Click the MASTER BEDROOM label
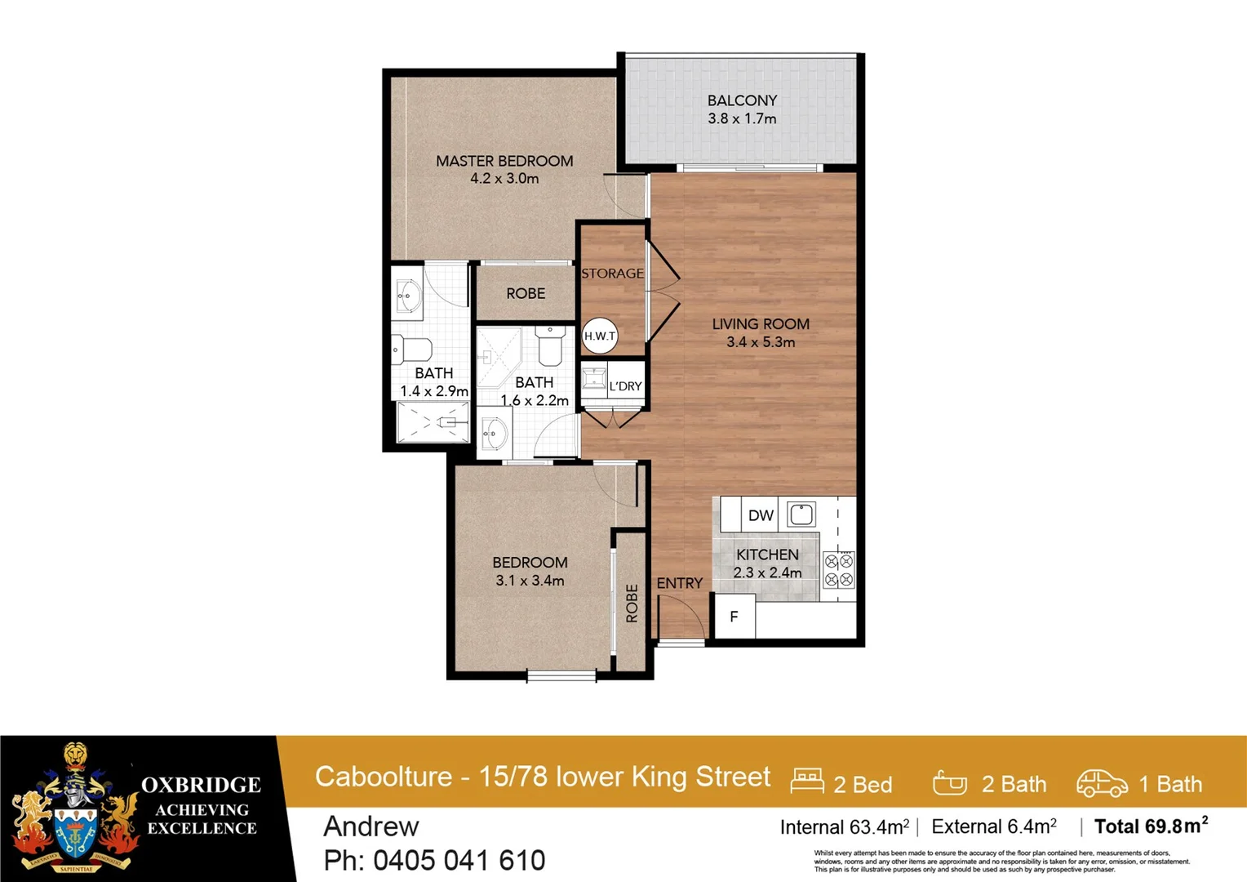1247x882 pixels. [504, 161]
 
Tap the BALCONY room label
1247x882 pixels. [742, 100]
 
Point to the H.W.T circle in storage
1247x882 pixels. [600, 336]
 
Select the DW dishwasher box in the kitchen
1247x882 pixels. [760, 515]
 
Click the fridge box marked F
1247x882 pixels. [734, 617]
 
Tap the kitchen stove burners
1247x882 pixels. [839, 570]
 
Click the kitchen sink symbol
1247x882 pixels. [801, 514]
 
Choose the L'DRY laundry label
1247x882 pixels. [625, 386]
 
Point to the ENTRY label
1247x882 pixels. [679, 583]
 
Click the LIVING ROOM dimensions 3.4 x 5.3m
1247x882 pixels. [761, 342]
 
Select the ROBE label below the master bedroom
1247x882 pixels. [526, 293]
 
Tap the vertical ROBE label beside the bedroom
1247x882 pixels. [632, 604]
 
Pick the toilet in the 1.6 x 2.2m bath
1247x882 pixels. [551, 345]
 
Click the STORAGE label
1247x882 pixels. [612, 274]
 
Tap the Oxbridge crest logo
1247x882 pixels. [75, 808]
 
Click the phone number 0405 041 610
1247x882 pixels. [459, 860]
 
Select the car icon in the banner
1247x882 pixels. [1101, 783]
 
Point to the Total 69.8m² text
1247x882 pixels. [1151, 826]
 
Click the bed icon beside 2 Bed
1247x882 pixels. [807, 782]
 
